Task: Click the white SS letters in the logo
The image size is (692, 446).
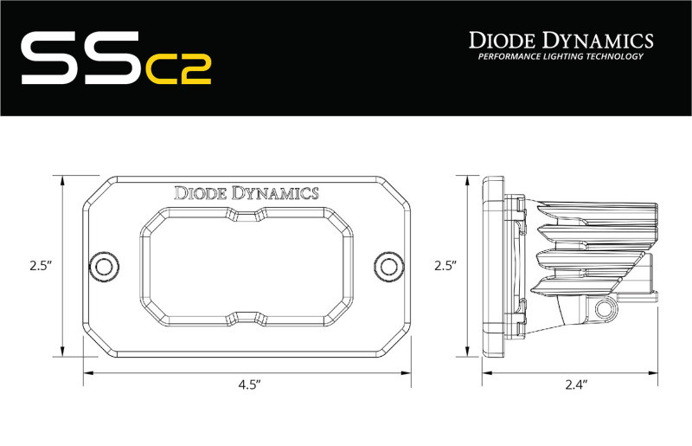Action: [x=78, y=58]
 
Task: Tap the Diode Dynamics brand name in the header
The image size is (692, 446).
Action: [x=560, y=39]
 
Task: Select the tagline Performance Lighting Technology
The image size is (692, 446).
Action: [x=561, y=57]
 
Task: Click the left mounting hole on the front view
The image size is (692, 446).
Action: [x=105, y=265]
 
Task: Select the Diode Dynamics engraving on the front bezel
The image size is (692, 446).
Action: [x=247, y=193]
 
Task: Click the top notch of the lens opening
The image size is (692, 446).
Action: [x=247, y=214]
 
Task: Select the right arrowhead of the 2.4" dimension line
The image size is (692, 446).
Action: [x=659, y=373]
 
